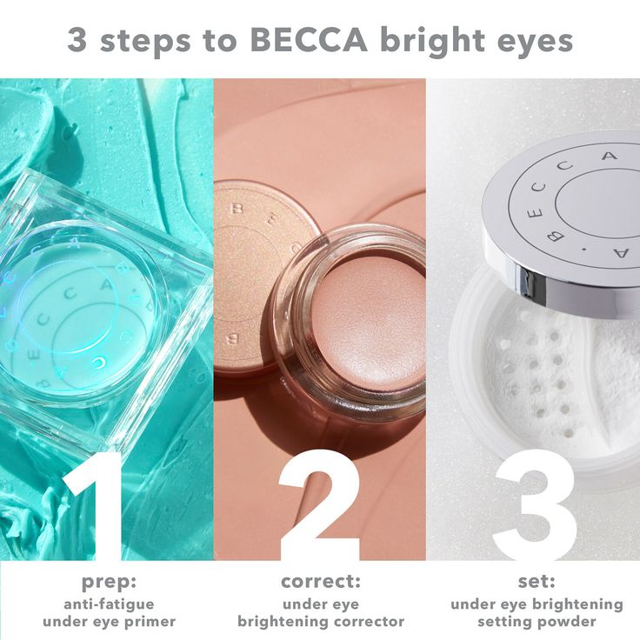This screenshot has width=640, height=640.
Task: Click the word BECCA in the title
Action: pyautogui.click(x=309, y=40)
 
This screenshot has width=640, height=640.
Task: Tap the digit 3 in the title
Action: pyautogui.click(x=77, y=40)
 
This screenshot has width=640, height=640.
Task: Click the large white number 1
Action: pyautogui.click(x=95, y=505)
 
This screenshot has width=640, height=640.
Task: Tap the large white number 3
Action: pyautogui.click(x=535, y=505)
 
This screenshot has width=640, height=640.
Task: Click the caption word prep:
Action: pyautogui.click(x=109, y=583)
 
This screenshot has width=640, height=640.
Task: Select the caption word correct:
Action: pyautogui.click(x=321, y=582)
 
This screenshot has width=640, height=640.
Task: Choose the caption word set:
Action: pyautogui.click(x=537, y=582)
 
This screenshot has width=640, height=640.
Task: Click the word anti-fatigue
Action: pyautogui.click(x=109, y=604)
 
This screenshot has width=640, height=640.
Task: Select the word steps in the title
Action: pyautogui.click(x=145, y=42)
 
